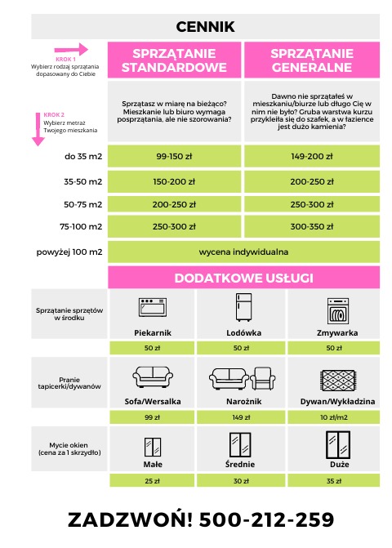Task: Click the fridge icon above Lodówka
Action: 243,309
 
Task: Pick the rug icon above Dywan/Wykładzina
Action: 335,377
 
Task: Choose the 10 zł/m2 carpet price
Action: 335,417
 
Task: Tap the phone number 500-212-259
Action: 266,519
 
